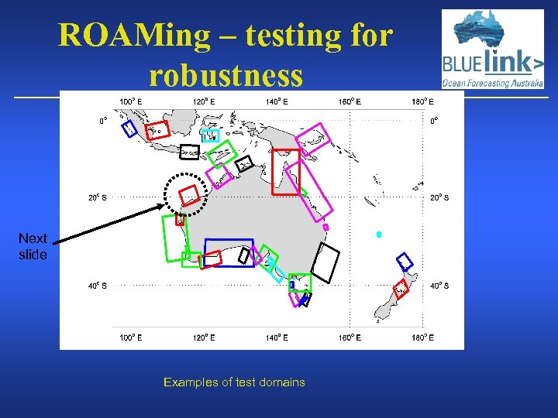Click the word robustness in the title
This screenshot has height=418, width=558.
(226, 75)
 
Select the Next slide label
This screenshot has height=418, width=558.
(33, 246)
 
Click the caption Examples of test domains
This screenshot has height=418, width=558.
(234, 382)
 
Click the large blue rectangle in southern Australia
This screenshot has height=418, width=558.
(229, 252)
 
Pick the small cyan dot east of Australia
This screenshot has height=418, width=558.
(379, 234)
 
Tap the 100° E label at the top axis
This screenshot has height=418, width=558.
(129, 101)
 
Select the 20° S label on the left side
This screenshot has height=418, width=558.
(96, 197)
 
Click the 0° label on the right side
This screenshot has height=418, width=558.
(434, 121)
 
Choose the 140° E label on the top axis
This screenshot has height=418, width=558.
(277, 101)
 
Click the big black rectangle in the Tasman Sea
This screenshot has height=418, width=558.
(327, 263)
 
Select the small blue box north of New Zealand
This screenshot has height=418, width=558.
(404, 259)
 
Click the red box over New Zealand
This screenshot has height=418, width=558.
(401, 290)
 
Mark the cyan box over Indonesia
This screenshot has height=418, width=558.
(210, 135)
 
